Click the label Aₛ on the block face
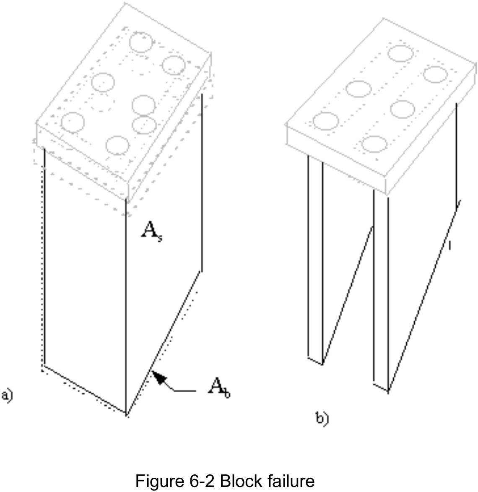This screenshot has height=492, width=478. coord(151,230)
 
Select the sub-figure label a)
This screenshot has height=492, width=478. coord(7,395)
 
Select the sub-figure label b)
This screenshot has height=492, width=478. coord(322,418)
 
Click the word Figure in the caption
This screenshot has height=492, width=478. coord(159,481)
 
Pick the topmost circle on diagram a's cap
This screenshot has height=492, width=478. coord(140,42)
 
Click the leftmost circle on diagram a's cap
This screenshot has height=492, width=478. coord(73,122)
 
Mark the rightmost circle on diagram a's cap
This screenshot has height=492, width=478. coord(174,65)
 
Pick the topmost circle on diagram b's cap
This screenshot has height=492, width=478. coord(400,53)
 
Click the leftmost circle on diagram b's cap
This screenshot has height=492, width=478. coord(325,121)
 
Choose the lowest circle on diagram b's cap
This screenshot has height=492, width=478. coord(374,144)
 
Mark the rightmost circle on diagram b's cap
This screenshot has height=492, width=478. coord(435,74)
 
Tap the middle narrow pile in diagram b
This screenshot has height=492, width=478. coord(381,289)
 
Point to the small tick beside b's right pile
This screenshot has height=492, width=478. coord(449,245)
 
